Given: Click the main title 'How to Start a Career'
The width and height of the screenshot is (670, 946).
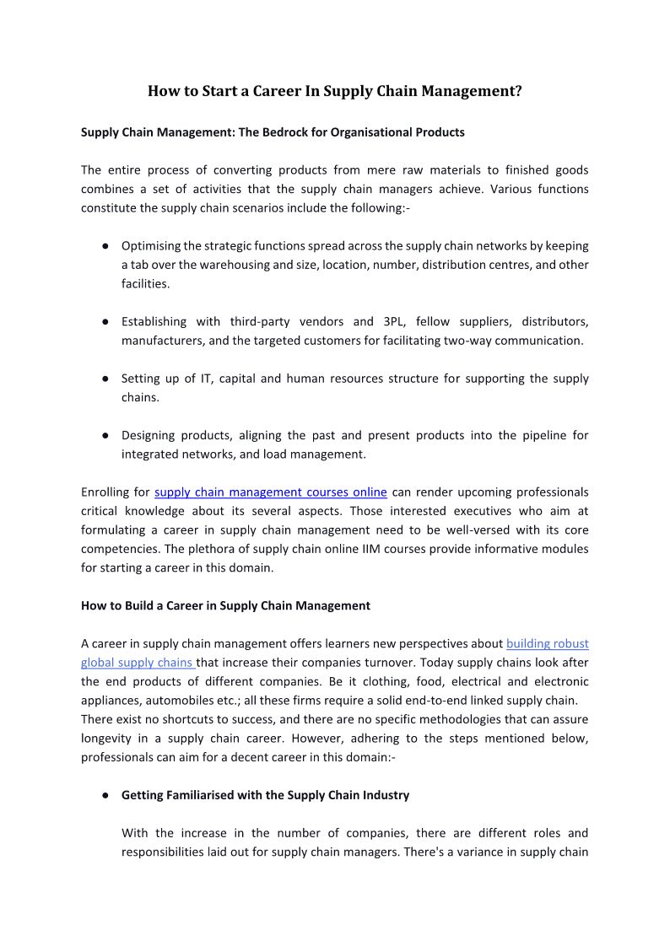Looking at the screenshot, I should [x=334, y=91].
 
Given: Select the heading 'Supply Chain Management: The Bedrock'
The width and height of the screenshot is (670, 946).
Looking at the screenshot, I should [x=273, y=132].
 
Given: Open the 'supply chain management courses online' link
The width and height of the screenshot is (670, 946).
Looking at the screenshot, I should [x=271, y=492].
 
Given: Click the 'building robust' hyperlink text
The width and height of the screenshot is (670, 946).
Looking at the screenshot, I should [x=547, y=644].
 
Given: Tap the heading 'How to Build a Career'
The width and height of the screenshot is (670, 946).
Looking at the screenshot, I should [x=225, y=605].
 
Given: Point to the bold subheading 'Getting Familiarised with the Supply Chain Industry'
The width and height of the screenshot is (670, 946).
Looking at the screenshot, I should [x=265, y=795].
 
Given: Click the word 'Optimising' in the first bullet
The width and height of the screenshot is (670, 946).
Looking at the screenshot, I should [x=149, y=246].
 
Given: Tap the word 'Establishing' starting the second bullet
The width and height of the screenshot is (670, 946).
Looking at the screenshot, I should [x=154, y=322].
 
